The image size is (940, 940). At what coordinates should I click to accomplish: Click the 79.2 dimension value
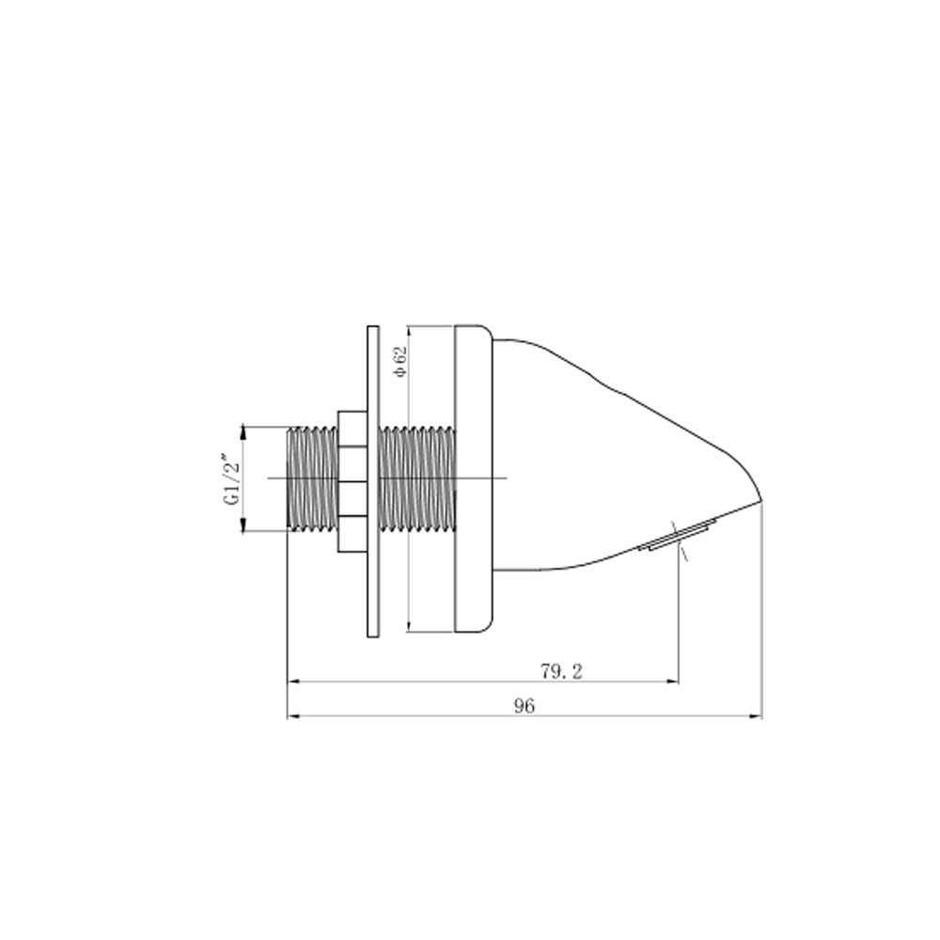[561, 672]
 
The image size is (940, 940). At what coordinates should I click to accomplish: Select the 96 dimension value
[524, 706]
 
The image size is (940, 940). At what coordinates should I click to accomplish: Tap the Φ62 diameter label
[400, 362]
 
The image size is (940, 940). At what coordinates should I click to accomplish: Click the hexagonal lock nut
[352, 481]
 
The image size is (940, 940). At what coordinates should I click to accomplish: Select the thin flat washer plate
[373, 481]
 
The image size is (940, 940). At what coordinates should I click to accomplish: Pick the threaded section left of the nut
[312, 478]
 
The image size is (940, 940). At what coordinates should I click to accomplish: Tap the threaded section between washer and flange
[417, 478]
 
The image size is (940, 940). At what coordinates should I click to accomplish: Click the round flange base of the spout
[474, 478]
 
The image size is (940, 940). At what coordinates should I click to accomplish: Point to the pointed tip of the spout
[761, 501]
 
